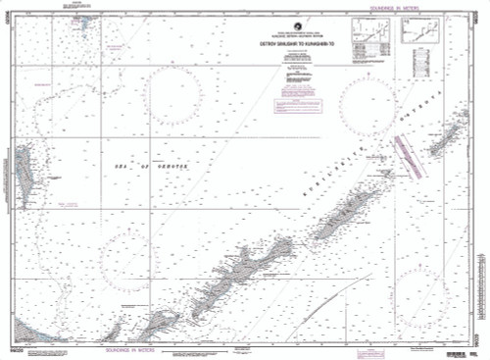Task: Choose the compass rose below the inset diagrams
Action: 367,103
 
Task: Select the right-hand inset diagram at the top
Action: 418,35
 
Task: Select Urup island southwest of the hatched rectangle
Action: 342,215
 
